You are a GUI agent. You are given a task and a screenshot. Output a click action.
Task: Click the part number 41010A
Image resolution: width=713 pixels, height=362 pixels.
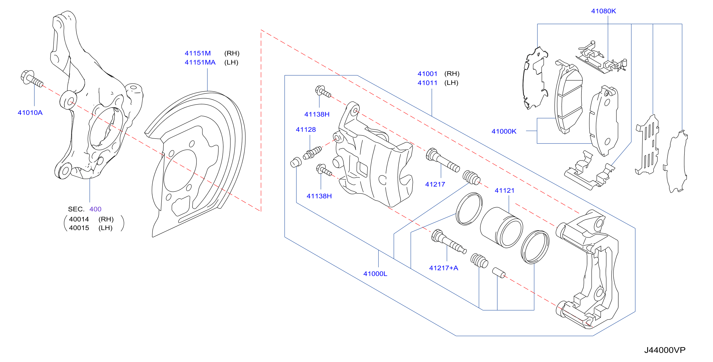(30, 113)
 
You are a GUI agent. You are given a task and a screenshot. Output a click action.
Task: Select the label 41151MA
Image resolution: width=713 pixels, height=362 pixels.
(200, 62)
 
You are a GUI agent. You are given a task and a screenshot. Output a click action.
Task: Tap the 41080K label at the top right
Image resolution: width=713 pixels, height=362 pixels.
(603, 11)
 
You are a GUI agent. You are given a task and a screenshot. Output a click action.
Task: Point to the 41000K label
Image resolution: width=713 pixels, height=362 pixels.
(504, 131)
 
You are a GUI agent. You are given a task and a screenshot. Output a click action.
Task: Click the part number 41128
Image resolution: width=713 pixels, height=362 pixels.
(306, 130)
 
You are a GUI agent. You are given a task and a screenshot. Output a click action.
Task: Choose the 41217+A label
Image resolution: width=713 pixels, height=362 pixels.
(443, 268)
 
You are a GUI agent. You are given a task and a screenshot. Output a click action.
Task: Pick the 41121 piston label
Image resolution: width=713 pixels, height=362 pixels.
(504, 191)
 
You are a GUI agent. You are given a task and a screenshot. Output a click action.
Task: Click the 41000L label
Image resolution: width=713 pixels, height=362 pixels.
(375, 274)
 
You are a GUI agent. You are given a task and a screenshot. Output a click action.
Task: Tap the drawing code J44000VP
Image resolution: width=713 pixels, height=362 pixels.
(665, 350)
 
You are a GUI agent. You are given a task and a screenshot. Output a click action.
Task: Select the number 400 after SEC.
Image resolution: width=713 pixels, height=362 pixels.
(95, 209)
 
